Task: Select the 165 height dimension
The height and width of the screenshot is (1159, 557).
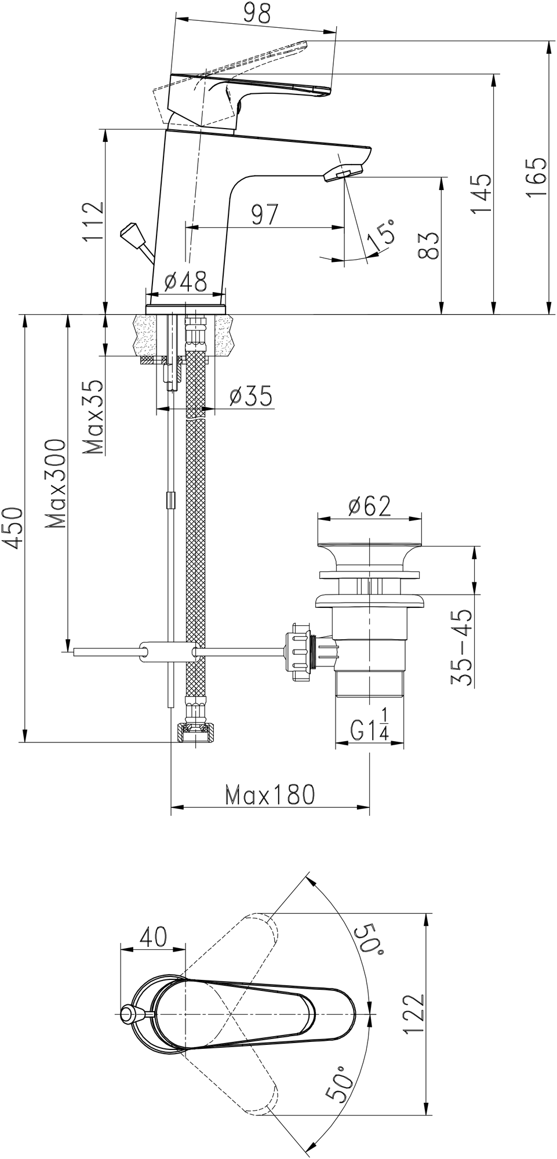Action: (537, 177)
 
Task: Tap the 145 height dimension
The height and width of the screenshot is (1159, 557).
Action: (482, 194)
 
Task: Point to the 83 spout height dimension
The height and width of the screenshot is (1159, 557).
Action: (429, 246)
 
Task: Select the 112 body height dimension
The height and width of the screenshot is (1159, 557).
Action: (93, 222)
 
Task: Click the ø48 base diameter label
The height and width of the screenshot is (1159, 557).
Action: (185, 282)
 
